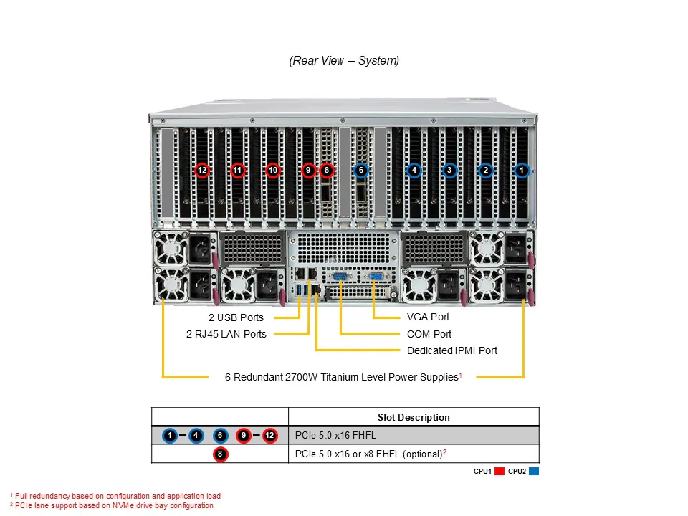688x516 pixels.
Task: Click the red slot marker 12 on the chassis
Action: pos(202,170)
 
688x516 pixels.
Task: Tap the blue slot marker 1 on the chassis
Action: pos(521,170)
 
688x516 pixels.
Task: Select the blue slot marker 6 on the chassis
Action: pos(361,170)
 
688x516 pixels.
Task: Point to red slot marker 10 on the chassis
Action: pos(273,170)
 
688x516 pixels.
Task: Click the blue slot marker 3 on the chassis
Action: pos(449,170)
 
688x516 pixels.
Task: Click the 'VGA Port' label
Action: pos(428,317)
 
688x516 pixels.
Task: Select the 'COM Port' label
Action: pos(429,334)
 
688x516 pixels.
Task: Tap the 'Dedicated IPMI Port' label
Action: pos(452,350)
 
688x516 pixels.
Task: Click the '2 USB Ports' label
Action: pos(236,317)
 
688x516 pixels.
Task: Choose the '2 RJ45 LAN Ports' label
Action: pos(226,334)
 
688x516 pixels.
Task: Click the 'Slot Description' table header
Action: pos(414,417)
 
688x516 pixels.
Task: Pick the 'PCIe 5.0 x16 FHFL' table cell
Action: pos(335,435)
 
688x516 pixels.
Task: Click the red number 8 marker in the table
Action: pos(220,454)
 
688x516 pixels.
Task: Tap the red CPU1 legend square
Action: pos(499,471)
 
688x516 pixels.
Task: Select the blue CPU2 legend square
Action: pos(534,471)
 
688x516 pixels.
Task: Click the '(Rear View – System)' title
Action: pos(344,60)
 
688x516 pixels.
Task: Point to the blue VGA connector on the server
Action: pos(375,276)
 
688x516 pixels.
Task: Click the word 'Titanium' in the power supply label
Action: pos(339,377)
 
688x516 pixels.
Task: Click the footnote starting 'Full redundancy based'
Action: pos(118,496)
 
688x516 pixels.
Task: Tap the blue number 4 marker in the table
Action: pos(196,435)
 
